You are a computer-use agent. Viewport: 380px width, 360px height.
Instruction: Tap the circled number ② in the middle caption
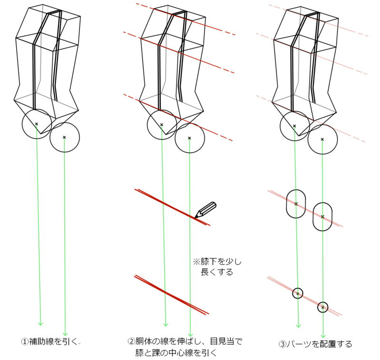click(x=131, y=341)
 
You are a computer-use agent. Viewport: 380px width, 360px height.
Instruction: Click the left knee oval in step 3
click(x=296, y=204)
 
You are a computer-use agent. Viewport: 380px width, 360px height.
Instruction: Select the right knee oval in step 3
click(x=323, y=217)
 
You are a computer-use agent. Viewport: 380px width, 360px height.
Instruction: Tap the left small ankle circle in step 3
click(x=298, y=294)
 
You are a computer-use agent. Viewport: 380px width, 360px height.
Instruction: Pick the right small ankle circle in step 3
click(x=323, y=307)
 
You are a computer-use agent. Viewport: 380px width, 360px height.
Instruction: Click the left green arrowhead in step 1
click(x=40, y=323)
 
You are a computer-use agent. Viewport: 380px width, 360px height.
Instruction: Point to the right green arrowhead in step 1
click(x=66, y=334)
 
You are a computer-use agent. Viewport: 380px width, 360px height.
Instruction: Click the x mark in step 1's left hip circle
click(x=36, y=124)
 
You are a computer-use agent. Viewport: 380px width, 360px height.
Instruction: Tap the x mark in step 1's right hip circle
click(x=64, y=137)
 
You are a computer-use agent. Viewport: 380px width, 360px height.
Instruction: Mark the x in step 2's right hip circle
click(x=190, y=138)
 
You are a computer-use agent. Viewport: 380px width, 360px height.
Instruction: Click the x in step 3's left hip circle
click(x=294, y=126)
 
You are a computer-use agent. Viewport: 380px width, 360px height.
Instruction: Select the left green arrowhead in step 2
click(x=166, y=324)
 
